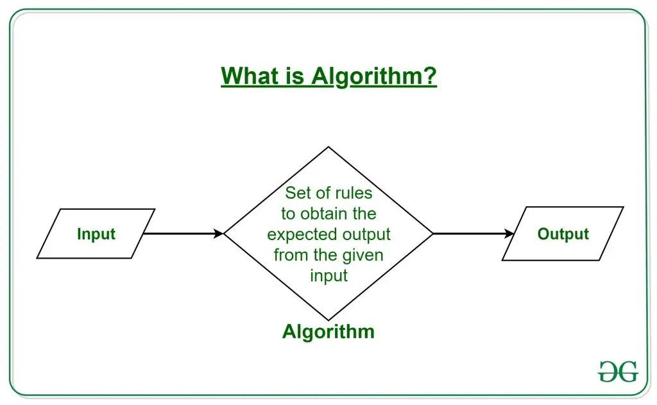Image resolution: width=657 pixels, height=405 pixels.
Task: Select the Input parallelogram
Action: [x=96, y=234]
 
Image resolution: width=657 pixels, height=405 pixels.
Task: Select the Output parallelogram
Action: [x=562, y=234]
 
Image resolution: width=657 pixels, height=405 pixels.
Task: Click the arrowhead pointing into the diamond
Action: [x=219, y=234]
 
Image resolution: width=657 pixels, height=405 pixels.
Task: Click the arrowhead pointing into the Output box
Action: [x=511, y=234]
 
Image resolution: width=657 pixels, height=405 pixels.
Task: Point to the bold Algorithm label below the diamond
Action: [x=328, y=332]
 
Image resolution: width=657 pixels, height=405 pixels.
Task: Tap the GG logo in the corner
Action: [x=618, y=371]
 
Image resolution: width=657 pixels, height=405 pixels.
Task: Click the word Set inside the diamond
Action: [x=298, y=193]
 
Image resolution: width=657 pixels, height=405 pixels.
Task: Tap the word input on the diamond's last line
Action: [x=328, y=275]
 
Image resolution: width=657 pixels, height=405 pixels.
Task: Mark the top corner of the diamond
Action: [x=328, y=147]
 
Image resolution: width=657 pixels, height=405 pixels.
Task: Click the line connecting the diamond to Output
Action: [x=472, y=234]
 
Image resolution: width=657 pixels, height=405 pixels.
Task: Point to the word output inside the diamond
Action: [x=364, y=234]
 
